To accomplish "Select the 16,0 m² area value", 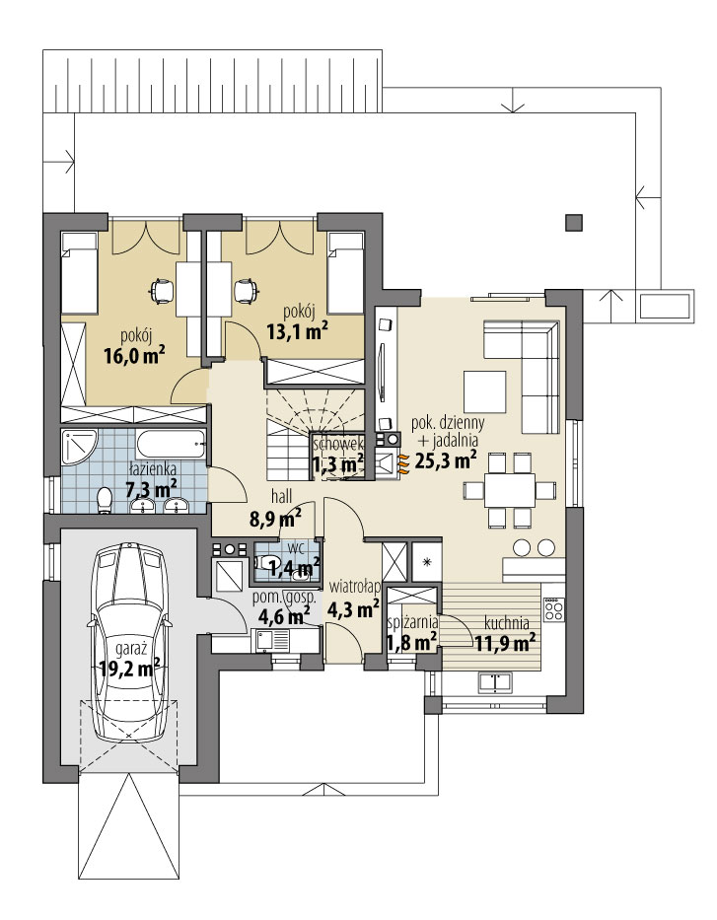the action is [134, 356].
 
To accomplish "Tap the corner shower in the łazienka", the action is [79, 448].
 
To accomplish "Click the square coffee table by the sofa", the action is [484, 391].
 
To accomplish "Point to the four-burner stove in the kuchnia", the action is [552, 609].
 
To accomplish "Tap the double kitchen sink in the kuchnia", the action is [496, 681].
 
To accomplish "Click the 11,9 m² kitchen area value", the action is [505, 644].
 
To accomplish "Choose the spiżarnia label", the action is [413, 621].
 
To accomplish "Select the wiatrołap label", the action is [355, 586].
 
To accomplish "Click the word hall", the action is [282, 496].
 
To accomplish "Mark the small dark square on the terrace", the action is [574, 222].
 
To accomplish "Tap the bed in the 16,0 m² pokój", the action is [79, 273].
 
